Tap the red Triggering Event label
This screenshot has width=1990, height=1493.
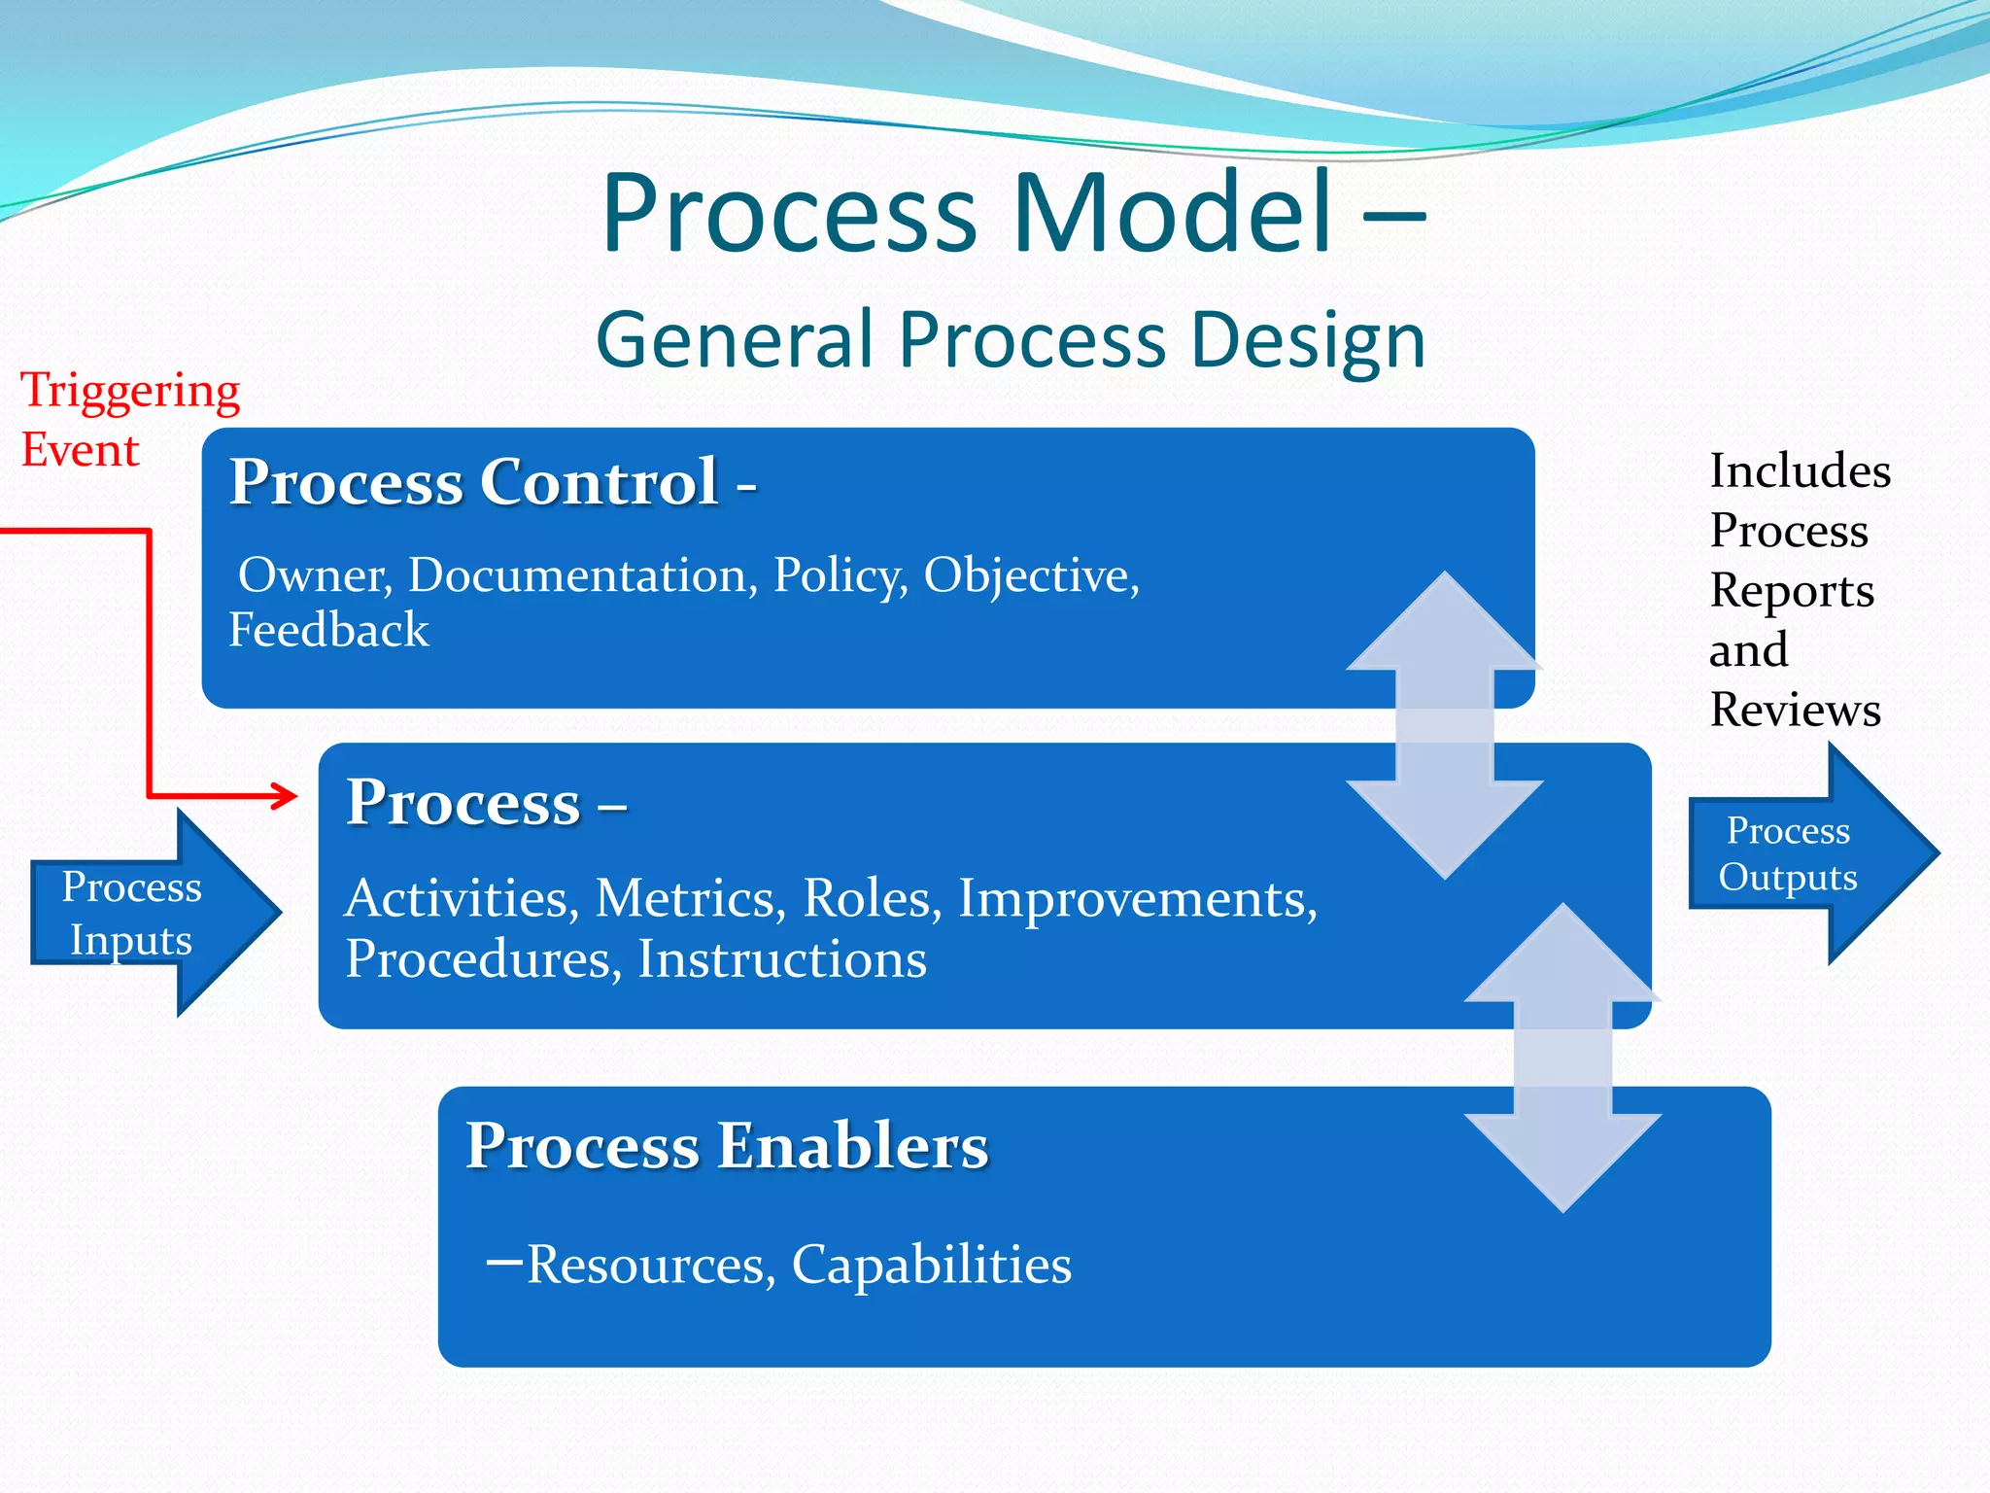[x=129, y=419]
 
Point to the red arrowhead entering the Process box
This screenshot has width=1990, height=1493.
[x=285, y=796]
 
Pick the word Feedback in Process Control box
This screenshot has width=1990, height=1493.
[x=328, y=630]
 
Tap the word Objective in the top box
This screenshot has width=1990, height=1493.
[x=1030, y=575]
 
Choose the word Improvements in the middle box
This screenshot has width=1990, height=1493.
[x=1137, y=898]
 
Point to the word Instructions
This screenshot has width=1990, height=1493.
[x=782, y=959]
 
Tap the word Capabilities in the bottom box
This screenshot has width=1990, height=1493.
[x=931, y=1265]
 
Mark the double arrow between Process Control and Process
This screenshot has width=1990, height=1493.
[x=1444, y=725]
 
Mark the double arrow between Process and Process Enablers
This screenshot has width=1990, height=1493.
[x=1562, y=1058]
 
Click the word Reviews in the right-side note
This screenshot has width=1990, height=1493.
[x=1795, y=710]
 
